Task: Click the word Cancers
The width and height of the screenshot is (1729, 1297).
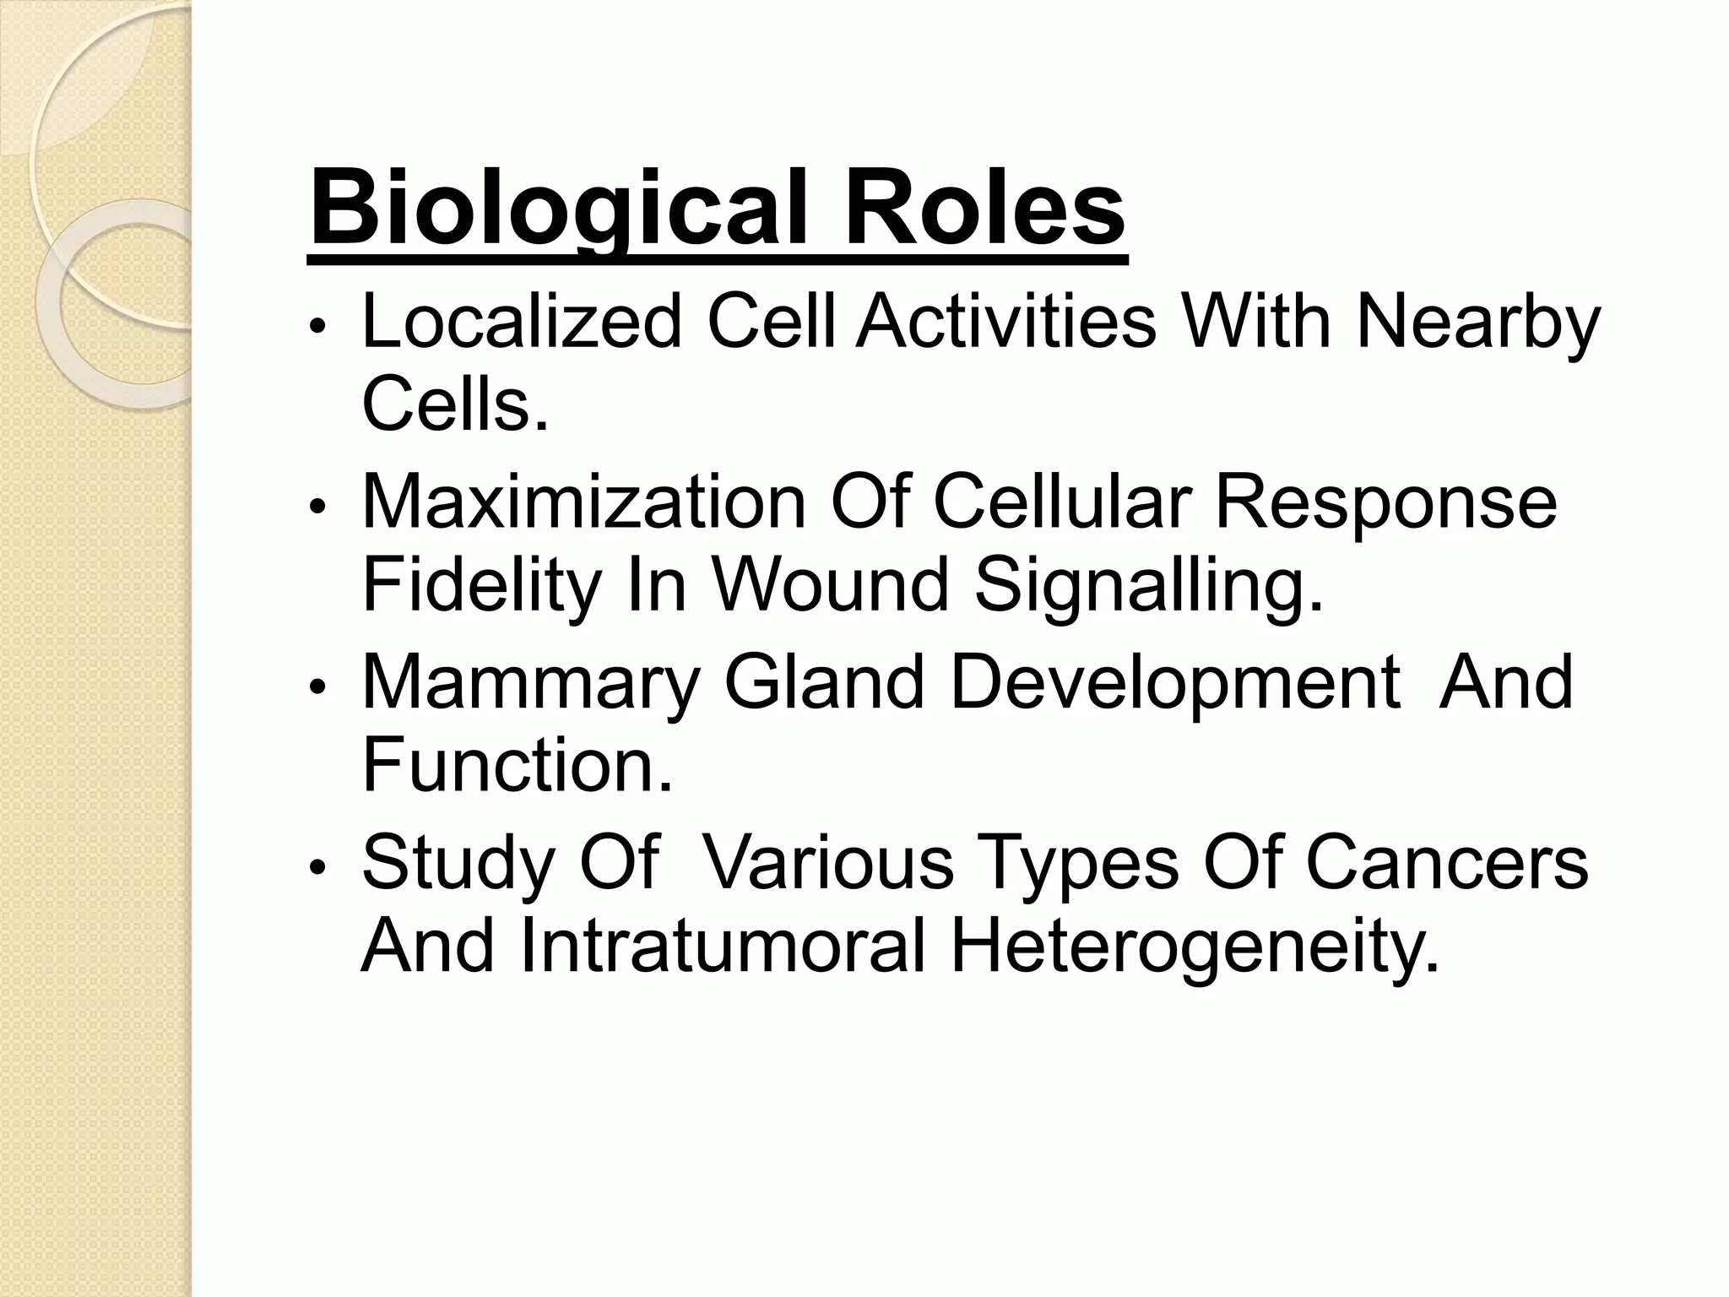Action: tap(1447, 863)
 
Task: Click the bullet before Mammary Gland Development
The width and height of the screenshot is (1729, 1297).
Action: tap(317, 688)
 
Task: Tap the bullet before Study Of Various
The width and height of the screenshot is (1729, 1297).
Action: tap(317, 869)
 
